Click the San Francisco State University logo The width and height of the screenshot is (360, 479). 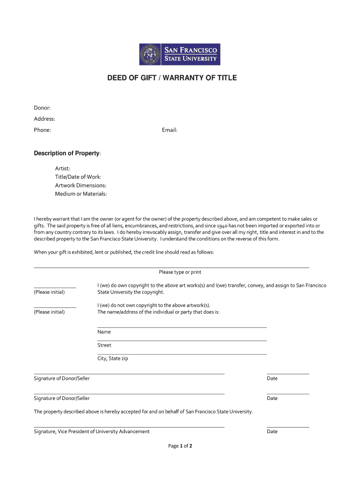[180, 54]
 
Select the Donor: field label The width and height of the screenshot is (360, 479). [42, 108]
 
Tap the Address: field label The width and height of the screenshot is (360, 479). [44, 119]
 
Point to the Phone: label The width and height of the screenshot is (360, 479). [43, 130]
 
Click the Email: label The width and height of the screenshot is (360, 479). [170, 130]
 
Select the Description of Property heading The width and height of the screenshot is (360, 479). [67, 153]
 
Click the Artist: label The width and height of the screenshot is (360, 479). [63, 168]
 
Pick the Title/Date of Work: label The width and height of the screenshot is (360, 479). [78, 177]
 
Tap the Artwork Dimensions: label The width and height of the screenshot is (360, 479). [81, 185]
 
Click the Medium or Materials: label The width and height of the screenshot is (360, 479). [81, 194]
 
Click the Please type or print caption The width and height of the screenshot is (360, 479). [180, 272]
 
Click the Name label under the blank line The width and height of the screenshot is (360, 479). [104, 332]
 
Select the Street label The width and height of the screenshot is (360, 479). [104, 345]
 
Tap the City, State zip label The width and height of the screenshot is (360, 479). [113, 359]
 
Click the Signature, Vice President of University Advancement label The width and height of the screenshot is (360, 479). [92, 431]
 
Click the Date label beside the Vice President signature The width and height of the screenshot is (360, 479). [272, 431]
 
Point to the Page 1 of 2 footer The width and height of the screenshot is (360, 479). [180, 446]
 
